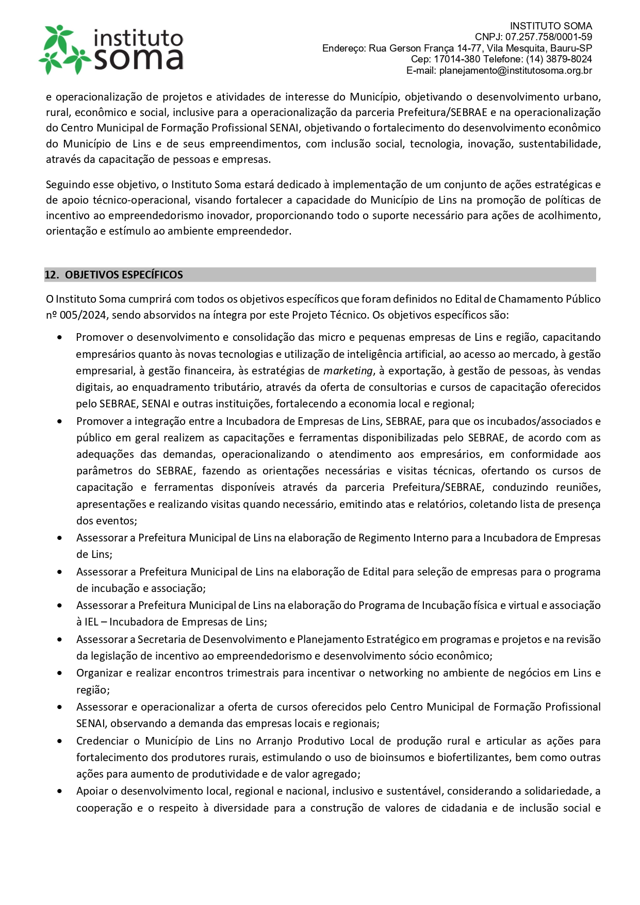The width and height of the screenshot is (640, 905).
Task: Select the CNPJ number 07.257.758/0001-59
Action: [549, 37]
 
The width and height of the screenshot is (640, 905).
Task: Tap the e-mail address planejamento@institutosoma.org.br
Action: [516, 71]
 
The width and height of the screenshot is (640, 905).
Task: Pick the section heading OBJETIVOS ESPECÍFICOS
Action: [124, 275]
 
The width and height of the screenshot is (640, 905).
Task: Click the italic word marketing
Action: [348, 371]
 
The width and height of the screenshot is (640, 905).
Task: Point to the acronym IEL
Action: [91, 622]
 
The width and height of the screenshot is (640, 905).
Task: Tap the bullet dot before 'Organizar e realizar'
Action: [60, 673]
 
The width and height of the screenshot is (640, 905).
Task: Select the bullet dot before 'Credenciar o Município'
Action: [60, 741]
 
